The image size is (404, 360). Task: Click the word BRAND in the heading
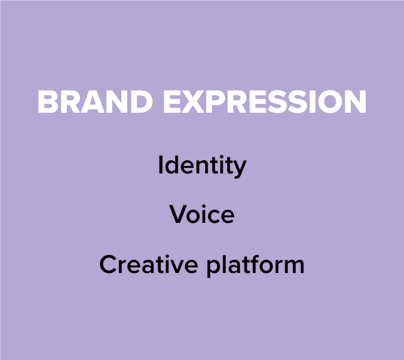(95, 101)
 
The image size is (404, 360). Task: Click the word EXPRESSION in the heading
(265, 101)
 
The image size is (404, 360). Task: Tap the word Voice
(202, 213)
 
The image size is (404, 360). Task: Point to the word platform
(256, 265)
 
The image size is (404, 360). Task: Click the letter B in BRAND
(48, 101)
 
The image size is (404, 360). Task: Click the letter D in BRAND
(141, 101)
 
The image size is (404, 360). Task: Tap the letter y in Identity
(240, 168)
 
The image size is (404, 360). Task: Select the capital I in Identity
(160, 165)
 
